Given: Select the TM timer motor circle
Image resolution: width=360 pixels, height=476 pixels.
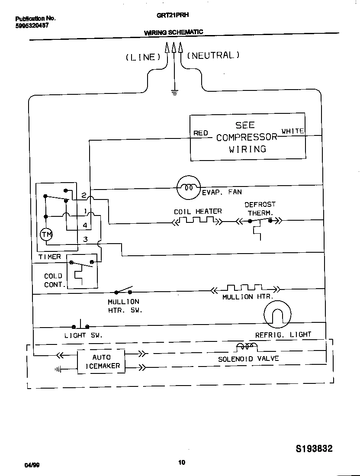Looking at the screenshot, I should pos(46,235).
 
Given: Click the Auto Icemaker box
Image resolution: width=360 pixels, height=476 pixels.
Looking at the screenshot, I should pos(101,361).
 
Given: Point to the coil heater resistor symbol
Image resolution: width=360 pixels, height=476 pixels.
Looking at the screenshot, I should pos(197,221).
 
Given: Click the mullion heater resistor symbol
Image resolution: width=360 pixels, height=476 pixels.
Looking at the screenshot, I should pos(245,289).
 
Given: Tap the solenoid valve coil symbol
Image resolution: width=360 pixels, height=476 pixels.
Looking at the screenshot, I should pos(246,347).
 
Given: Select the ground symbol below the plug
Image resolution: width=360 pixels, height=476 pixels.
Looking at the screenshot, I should pos(174,92).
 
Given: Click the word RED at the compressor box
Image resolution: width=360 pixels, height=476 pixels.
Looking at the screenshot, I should pos(200,133).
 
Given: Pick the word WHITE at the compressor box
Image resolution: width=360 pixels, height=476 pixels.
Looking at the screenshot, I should pos(292,131).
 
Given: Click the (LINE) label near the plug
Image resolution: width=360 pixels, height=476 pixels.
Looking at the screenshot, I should pos(143,57).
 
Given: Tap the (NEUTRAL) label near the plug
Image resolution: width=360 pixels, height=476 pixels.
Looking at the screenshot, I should pos(213,55).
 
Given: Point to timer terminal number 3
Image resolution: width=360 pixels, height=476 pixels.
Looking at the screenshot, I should pos(85,239).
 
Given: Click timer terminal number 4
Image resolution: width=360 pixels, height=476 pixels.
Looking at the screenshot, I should pos(85,225).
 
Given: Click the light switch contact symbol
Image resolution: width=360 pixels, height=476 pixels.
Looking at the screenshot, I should pos(80,326).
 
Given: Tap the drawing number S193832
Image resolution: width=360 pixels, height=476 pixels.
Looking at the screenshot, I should pos(308,449).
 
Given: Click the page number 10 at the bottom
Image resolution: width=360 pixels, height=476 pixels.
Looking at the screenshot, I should pos(182,463).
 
